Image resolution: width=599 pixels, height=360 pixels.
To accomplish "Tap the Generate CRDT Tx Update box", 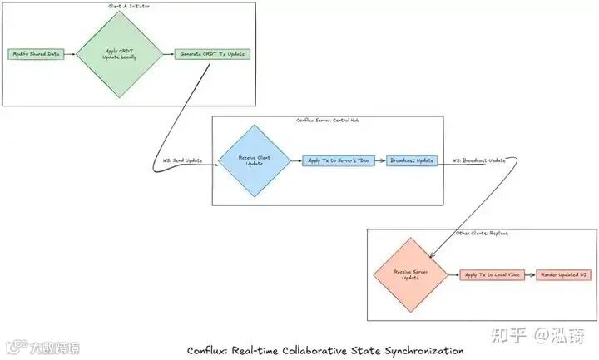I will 213,54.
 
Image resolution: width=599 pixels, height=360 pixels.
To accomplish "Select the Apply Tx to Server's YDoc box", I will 338,160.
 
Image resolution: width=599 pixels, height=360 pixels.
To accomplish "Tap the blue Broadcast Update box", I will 412,160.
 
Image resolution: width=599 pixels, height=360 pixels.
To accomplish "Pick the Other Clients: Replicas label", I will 483,234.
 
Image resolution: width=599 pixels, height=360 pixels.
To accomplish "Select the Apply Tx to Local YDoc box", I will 491,274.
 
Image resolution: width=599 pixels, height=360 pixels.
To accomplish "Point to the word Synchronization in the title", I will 420,350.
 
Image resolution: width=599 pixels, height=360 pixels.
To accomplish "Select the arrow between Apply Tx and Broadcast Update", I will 379,160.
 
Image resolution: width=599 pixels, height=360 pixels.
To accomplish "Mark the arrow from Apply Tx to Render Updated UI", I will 530,274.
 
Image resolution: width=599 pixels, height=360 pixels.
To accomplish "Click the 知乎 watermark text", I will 509,335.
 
